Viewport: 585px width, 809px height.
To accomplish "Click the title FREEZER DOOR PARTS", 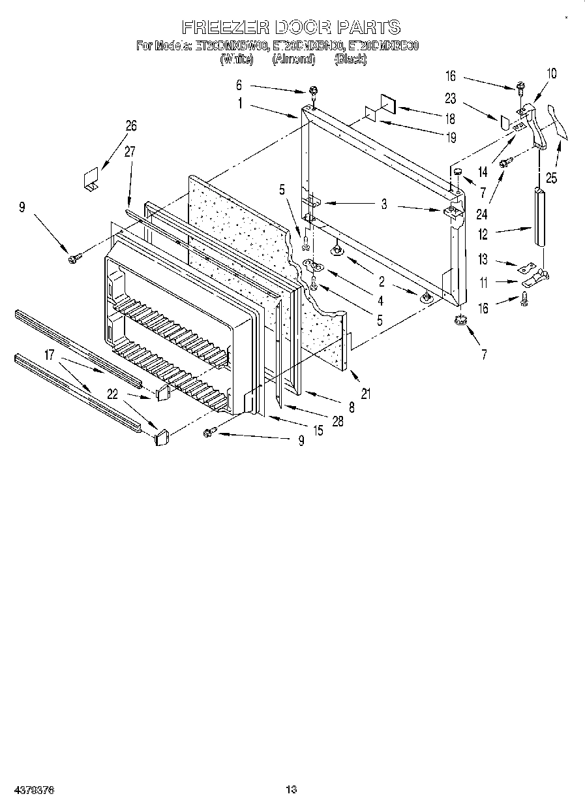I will [291, 27].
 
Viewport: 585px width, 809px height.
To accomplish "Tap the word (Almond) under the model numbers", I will [293, 59].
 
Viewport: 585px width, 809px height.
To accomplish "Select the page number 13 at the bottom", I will [292, 789].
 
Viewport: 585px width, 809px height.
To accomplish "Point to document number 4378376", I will [33, 789].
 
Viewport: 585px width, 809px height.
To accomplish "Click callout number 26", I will [131, 125].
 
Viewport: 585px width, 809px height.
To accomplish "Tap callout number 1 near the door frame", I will [240, 103].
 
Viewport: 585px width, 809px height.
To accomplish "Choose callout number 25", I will [552, 178].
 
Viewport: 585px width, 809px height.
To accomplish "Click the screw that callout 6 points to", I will [314, 90].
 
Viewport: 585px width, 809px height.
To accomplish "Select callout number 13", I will [483, 260].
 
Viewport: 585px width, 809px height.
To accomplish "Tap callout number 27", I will [129, 152].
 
